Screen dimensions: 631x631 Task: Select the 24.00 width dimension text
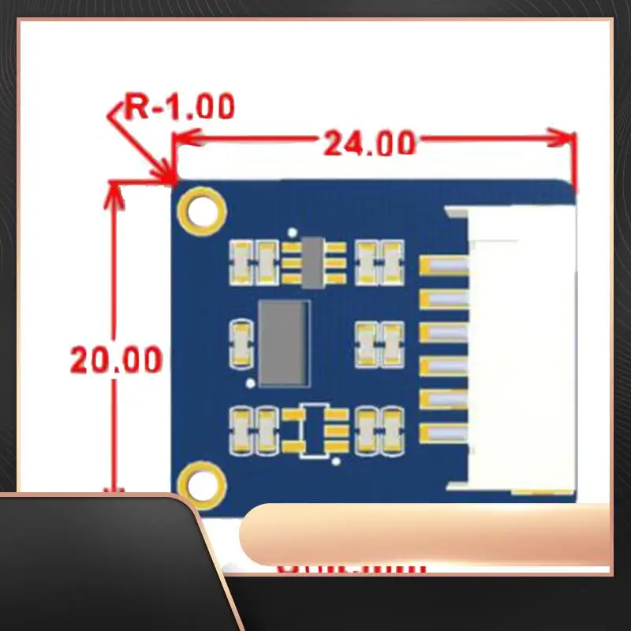(x=369, y=144)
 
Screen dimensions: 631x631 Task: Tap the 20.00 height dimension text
(x=117, y=360)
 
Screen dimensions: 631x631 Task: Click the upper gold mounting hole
(x=203, y=210)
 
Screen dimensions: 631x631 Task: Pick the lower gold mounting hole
(x=201, y=482)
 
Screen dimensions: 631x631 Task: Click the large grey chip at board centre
(x=282, y=343)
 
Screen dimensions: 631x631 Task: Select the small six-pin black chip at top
(x=313, y=261)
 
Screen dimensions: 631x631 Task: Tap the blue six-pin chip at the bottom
(x=314, y=430)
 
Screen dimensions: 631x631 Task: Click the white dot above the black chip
(x=293, y=233)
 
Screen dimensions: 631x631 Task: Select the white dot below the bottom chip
(x=337, y=459)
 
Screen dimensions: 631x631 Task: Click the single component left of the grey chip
(x=241, y=343)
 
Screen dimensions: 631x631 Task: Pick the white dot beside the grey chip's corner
(x=250, y=384)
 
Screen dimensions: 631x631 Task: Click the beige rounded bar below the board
(x=426, y=535)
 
